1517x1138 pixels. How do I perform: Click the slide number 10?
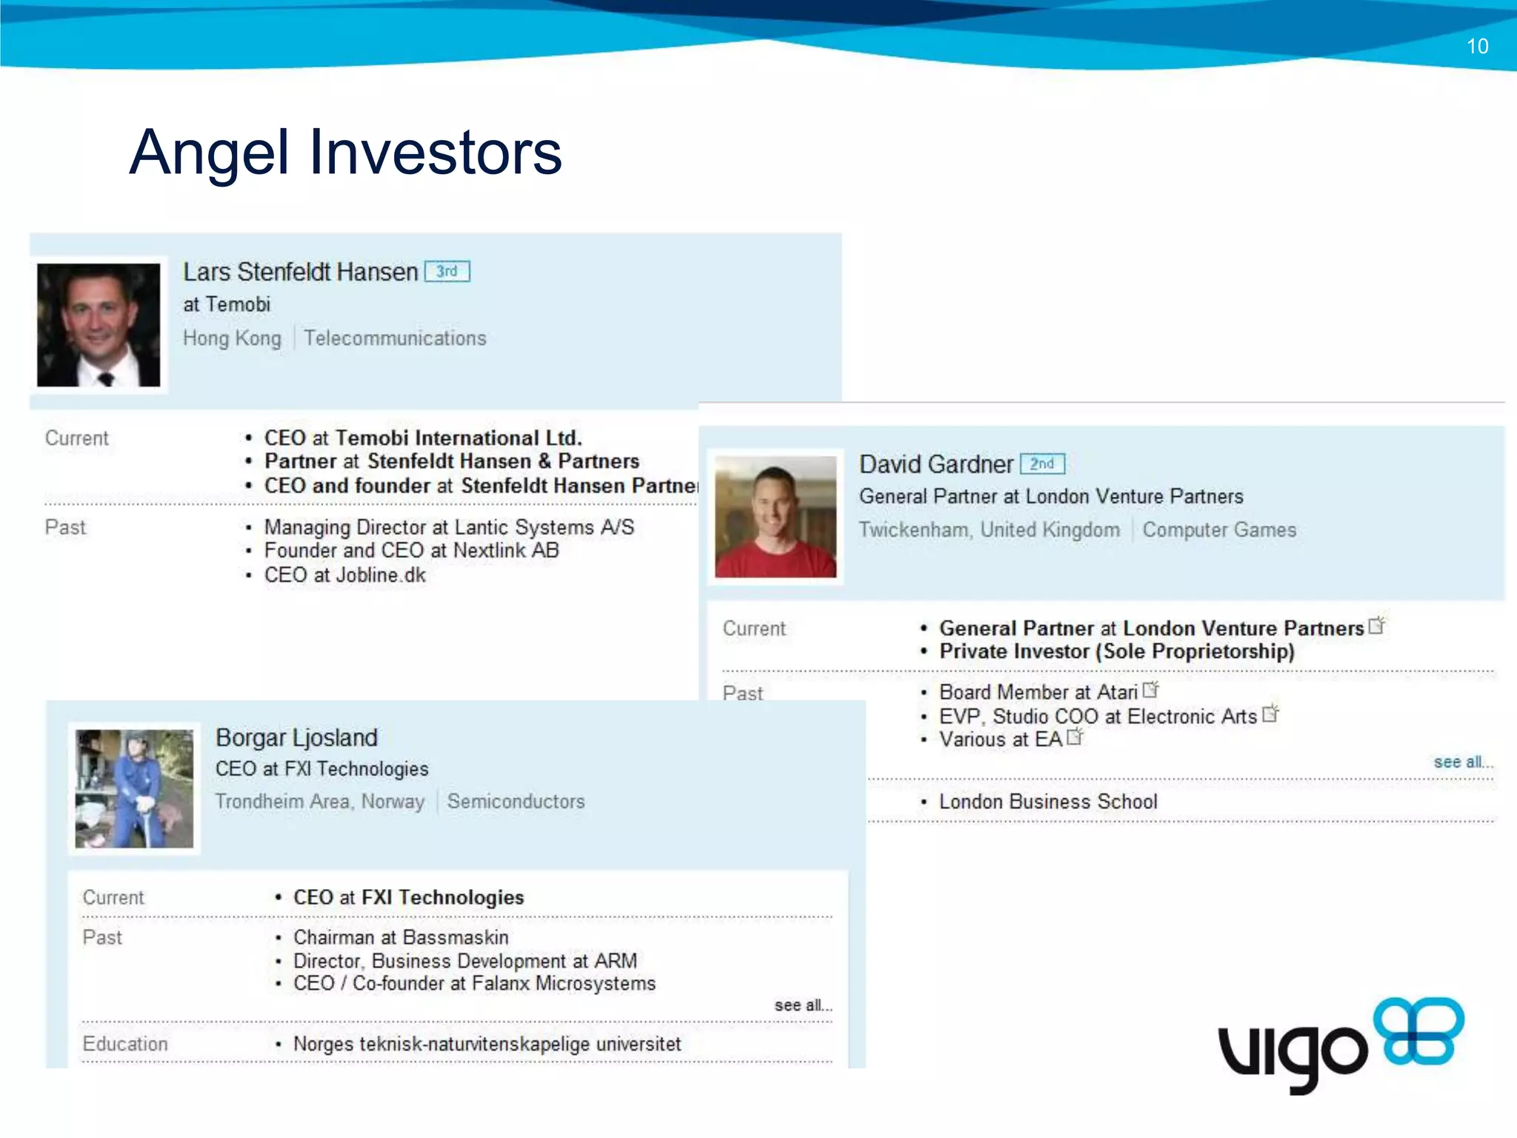pyautogui.click(x=1477, y=47)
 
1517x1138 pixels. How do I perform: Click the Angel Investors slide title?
pyautogui.click(x=345, y=153)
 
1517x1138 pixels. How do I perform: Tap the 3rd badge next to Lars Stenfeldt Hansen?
pyautogui.click(x=447, y=272)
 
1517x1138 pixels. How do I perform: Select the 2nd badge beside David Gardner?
pyautogui.click(x=1042, y=464)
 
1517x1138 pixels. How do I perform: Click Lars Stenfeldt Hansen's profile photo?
pyautogui.click(x=99, y=325)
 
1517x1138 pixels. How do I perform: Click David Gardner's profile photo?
pyautogui.click(x=776, y=516)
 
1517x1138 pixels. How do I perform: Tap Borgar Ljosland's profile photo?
pyautogui.click(x=134, y=788)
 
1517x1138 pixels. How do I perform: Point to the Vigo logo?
pyautogui.click(x=1341, y=1045)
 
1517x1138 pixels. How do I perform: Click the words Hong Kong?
pyautogui.click(x=232, y=339)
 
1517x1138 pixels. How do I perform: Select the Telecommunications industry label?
pyautogui.click(x=395, y=339)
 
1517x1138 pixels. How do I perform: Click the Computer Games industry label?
pyautogui.click(x=1218, y=530)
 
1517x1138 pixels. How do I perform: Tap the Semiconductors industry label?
pyautogui.click(x=516, y=802)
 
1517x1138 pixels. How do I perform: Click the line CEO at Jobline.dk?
pyautogui.click(x=344, y=576)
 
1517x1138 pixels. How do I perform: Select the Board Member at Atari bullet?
pyautogui.click(x=1038, y=692)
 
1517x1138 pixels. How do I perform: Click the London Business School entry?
pyautogui.click(x=1047, y=802)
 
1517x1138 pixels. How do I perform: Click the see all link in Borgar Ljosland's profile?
pyautogui.click(x=803, y=1005)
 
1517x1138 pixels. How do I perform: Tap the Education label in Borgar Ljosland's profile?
pyautogui.click(x=125, y=1044)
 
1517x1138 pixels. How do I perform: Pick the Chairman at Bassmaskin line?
pyautogui.click(x=401, y=937)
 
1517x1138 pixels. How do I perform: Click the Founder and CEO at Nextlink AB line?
pyautogui.click(x=411, y=550)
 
